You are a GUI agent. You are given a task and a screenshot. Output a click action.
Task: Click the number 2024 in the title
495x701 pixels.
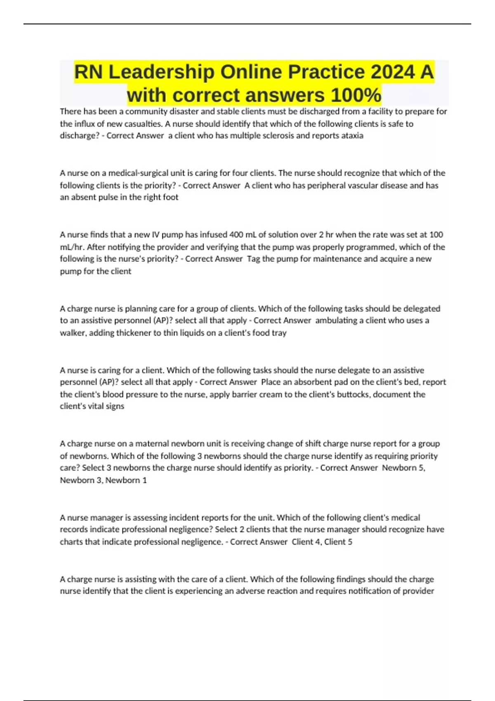(x=392, y=72)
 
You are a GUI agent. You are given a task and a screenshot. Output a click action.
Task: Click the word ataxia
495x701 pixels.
(x=352, y=136)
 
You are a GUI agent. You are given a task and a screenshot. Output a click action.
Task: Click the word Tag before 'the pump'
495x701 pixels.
(x=253, y=259)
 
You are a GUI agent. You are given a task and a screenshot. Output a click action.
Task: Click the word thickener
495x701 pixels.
(x=132, y=333)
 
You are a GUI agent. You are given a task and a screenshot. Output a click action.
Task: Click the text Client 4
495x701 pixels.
(x=306, y=542)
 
